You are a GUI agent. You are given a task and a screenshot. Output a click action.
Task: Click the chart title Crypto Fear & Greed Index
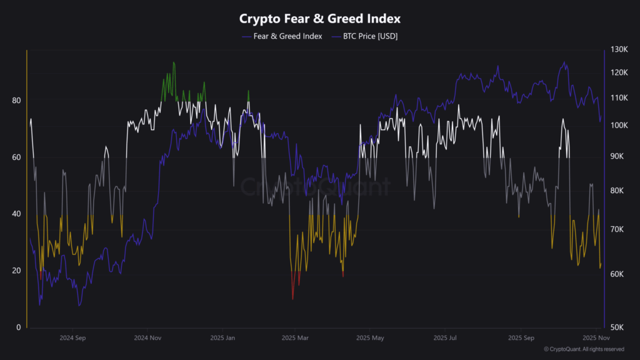tap(319, 19)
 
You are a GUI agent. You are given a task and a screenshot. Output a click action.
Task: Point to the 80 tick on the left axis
tap(17, 101)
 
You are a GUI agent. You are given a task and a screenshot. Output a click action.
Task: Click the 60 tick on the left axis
tap(17, 157)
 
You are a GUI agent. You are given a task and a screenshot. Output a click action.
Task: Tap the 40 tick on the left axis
tap(17, 214)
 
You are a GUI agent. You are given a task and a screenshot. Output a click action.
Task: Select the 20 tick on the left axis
tap(17, 271)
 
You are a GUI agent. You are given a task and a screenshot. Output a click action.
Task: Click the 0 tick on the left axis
tap(19, 327)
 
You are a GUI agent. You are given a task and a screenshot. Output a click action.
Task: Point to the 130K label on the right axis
tap(619, 50)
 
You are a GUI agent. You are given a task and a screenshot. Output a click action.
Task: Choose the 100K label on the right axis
tap(619, 126)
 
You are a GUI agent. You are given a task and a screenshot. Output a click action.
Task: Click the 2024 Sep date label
tap(72, 338)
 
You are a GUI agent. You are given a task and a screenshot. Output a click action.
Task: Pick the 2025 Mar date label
tap(294, 338)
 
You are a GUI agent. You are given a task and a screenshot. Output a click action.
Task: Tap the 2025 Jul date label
tap(444, 338)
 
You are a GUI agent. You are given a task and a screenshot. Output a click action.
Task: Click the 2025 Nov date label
tap(592, 338)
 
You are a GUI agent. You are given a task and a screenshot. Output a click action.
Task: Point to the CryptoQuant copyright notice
tap(583, 349)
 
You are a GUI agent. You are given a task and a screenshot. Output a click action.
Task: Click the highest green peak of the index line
tap(174, 62)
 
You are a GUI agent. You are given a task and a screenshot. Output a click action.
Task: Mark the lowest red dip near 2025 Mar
tap(292, 299)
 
